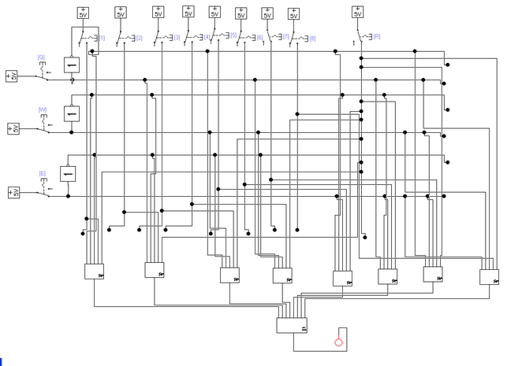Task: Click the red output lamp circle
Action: (339, 342)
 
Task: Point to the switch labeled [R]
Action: (364, 38)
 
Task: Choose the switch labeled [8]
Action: (300, 38)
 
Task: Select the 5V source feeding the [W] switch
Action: (12, 128)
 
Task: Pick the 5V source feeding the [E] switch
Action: (12, 192)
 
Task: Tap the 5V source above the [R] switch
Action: (357, 12)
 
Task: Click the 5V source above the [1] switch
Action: (84, 12)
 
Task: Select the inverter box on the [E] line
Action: (69, 173)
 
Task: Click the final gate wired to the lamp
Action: (292, 325)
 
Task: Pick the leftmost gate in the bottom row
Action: (95, 271)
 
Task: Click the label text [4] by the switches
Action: (207, 37)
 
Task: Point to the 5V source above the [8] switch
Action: (293, 13)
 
